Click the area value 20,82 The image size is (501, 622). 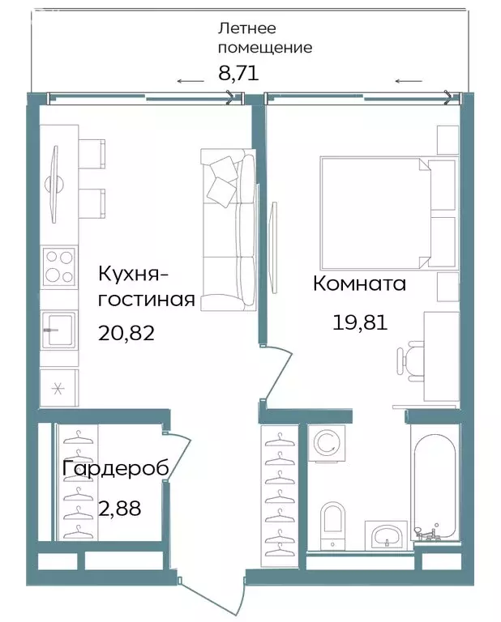[x=126, y=331]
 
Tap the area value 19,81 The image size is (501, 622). [x=360, y=323]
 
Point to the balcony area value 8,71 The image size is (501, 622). [x=238, y=73]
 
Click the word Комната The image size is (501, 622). [x=359, y=284]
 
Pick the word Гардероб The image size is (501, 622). [x=116, y=469]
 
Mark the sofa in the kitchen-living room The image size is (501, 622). [x=228, y=230]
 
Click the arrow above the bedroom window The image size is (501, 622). [x=409, y=80]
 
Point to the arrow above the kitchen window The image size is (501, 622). [x=191, y=80]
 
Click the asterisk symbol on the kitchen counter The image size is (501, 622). [x=58, y=387]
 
